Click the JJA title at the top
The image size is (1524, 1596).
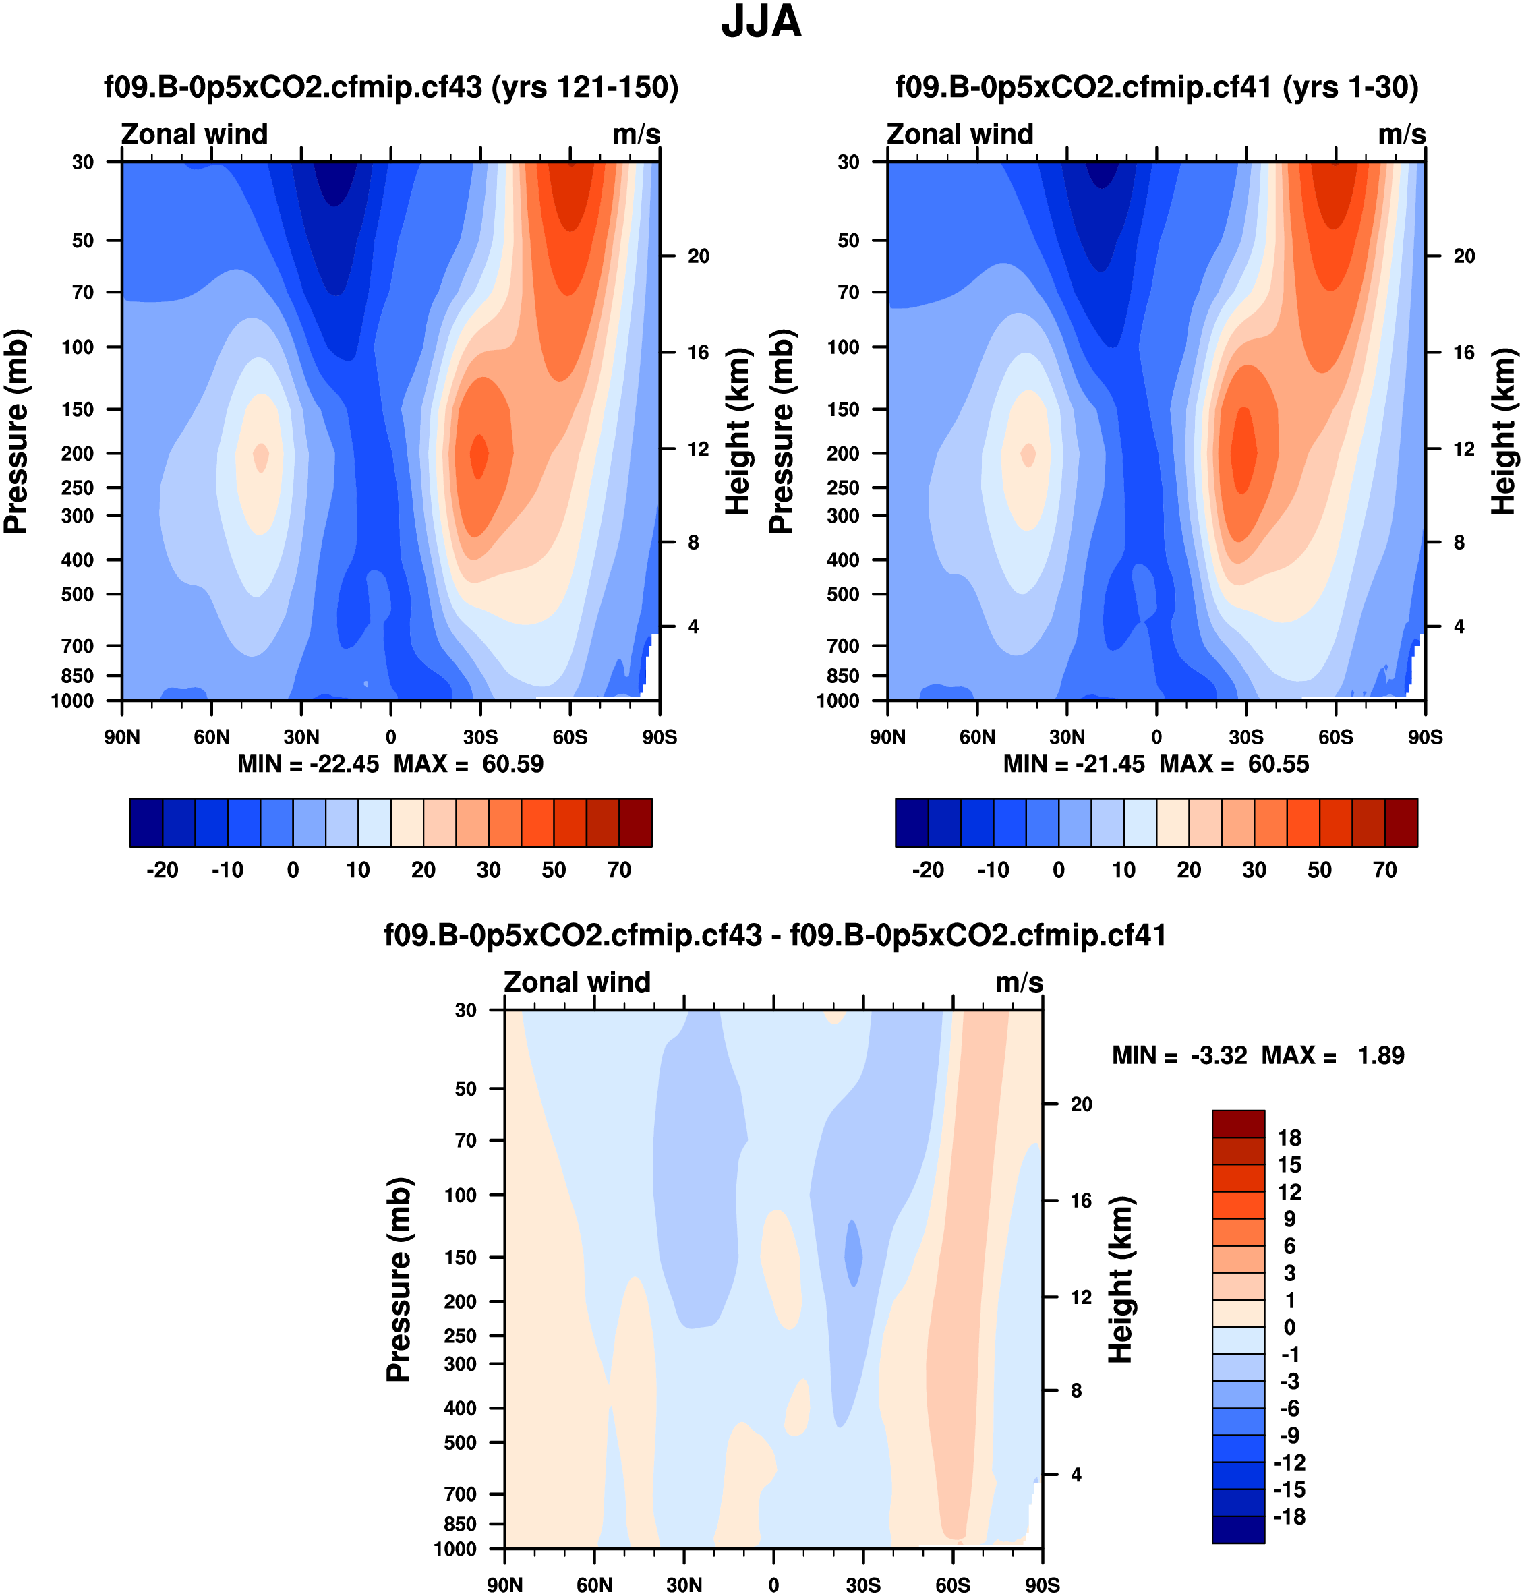point(761,23)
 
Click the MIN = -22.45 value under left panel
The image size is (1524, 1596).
point(308,765)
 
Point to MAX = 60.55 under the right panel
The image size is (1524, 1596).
point(1234,765)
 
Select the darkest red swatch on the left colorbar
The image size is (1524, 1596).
point(635,823)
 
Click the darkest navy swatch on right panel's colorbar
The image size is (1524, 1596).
point(912,823)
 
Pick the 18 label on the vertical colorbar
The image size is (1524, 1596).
point(1289,1138)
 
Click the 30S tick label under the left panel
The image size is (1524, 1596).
point(480,738)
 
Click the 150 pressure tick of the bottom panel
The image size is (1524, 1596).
point(461,1258)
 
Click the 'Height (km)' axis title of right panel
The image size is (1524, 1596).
point(1503,432)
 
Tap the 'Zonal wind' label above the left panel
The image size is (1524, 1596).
point(194,134)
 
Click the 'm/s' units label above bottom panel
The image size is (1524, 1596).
point(1019,983)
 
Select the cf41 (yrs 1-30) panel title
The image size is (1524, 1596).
point(1156,87)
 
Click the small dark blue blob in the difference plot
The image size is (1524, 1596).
point(853,1253)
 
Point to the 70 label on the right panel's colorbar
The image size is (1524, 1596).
point(1384,870)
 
